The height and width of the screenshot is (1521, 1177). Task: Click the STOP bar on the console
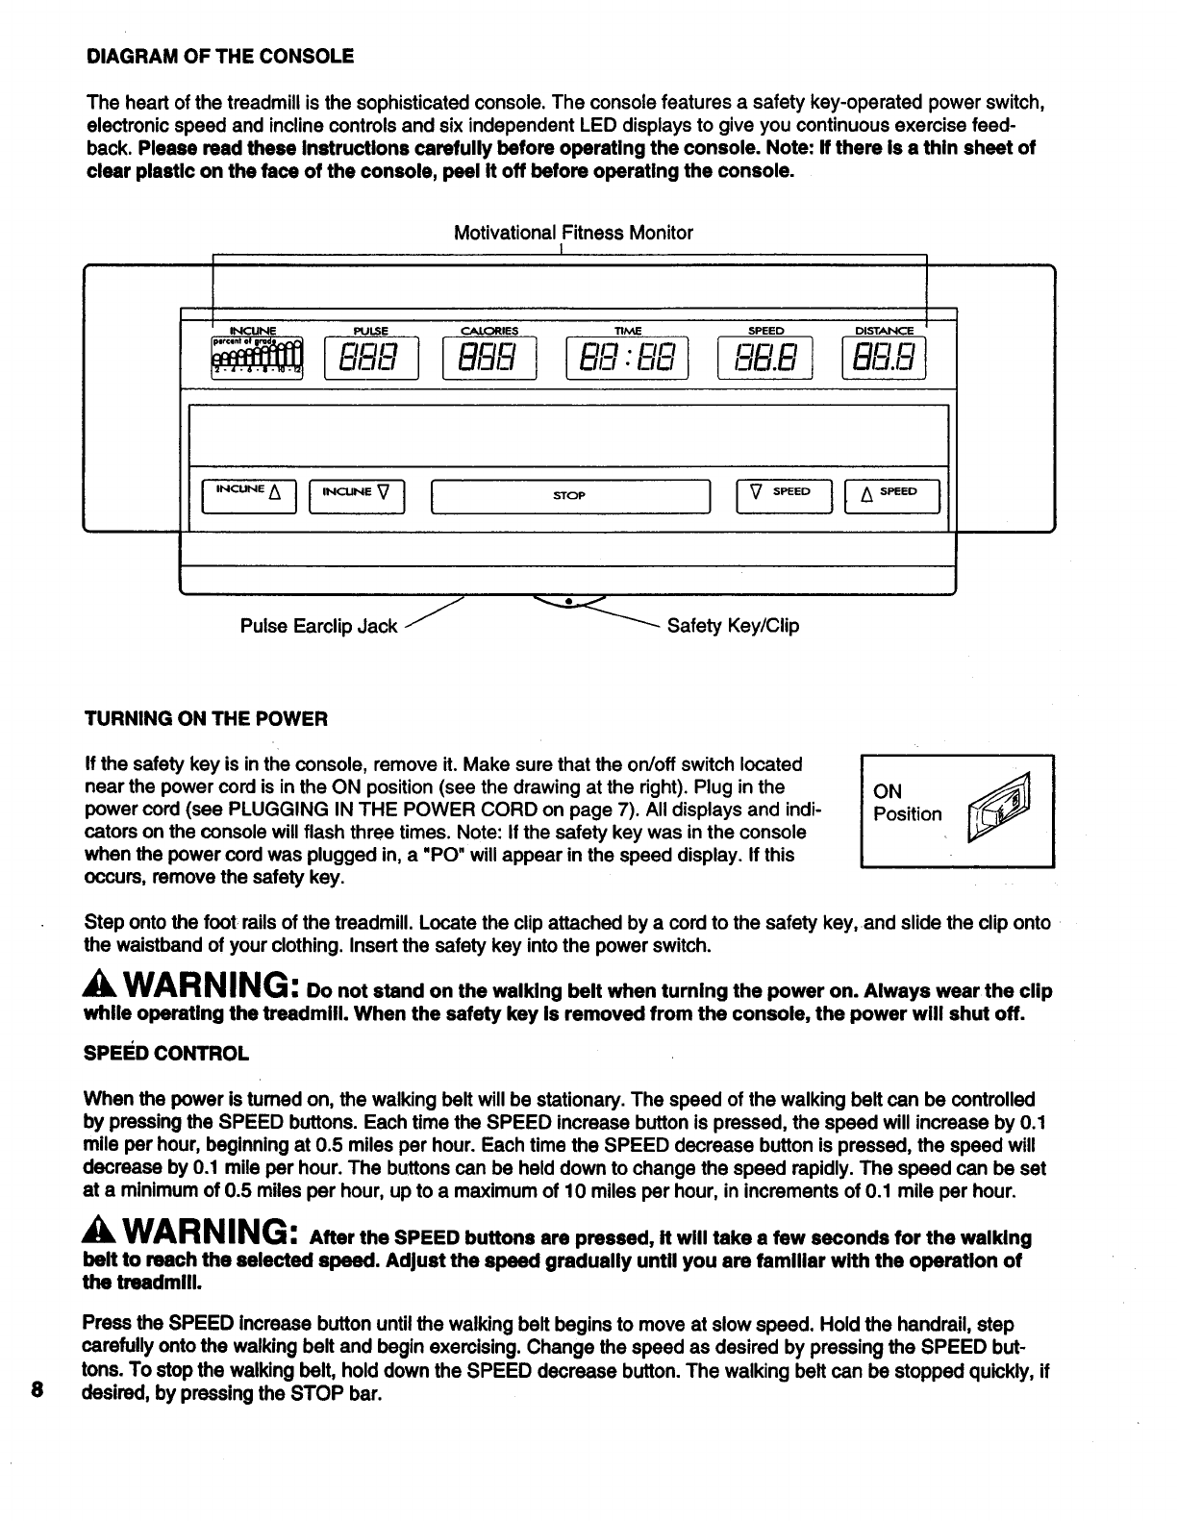coord(570,496)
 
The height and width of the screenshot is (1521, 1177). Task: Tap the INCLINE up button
coord(249,496)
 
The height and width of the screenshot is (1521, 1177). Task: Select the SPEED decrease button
coord(783,496)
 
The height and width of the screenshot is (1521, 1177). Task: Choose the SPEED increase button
coord(891,496)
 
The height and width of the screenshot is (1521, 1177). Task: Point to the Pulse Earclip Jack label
coord(318,627)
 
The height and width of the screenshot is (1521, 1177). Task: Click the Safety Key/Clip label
coord(733,627)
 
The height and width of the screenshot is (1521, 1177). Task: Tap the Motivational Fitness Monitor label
coord(572,233)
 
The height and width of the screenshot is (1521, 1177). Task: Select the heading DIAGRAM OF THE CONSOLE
coord(220,56)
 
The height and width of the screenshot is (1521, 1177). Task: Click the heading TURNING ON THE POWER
coord(207,719)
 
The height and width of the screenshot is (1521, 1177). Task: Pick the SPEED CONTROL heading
coord(166,1053)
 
